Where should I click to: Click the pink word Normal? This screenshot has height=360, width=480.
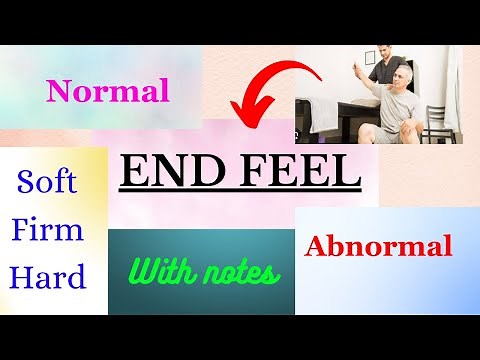click(107, 93)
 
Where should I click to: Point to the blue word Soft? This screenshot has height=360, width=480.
click(47, 182)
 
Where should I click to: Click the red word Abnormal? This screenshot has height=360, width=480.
click(379, 245)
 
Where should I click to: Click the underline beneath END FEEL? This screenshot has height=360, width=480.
click(240, 193)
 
